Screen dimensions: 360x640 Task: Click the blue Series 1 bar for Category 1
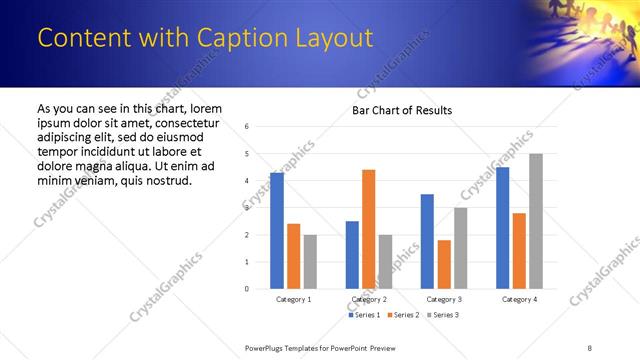click(x=277, y=231)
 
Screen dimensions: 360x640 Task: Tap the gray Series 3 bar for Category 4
click(x=536, y=221)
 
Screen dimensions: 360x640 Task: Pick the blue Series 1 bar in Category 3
click(x=427, y=241)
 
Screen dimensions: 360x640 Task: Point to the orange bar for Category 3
click(x=444, y=264)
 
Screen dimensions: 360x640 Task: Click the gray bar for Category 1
click(x=310, y=261)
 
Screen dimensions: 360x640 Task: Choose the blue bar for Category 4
click(x=502, y=228)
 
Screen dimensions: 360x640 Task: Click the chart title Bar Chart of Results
click(x=401, y=110)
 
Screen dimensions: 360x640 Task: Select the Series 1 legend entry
click(x=366, y=315)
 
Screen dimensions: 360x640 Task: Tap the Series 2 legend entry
click(x=403, y=315)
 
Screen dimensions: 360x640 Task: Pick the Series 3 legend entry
click(x=441, y=315)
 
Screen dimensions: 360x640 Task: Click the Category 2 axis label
click(x=369, y=299)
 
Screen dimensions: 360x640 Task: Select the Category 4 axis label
click(x=519, y=299)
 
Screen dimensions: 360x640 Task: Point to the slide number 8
click(x=589, y=347)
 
